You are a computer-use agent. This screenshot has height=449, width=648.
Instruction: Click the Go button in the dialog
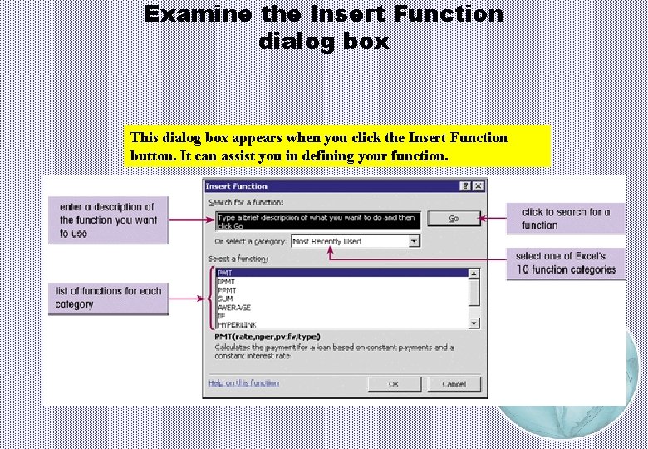coord(454,219)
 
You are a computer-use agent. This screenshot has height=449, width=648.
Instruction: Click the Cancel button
coord(454,384)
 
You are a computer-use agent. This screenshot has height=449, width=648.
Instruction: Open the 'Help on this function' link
coord(243,383)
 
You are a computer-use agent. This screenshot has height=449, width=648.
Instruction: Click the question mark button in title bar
coord(466,186)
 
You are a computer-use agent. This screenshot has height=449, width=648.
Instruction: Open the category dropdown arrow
coord(414,241)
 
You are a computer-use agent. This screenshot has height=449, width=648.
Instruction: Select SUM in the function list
coord(224,299)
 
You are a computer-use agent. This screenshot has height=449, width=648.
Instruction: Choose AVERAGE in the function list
coord(233,307)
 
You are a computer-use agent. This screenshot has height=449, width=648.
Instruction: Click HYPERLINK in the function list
coord(238,323)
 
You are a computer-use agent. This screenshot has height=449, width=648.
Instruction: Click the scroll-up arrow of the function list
coord(474,273)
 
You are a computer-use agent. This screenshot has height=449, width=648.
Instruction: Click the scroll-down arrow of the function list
coord(474,323)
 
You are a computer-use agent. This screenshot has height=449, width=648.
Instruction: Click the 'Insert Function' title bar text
coord(237,186)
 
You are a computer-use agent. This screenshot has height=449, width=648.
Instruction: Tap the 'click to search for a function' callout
coord(566,219)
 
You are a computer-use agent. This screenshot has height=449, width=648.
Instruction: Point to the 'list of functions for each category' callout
coord(108,298)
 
